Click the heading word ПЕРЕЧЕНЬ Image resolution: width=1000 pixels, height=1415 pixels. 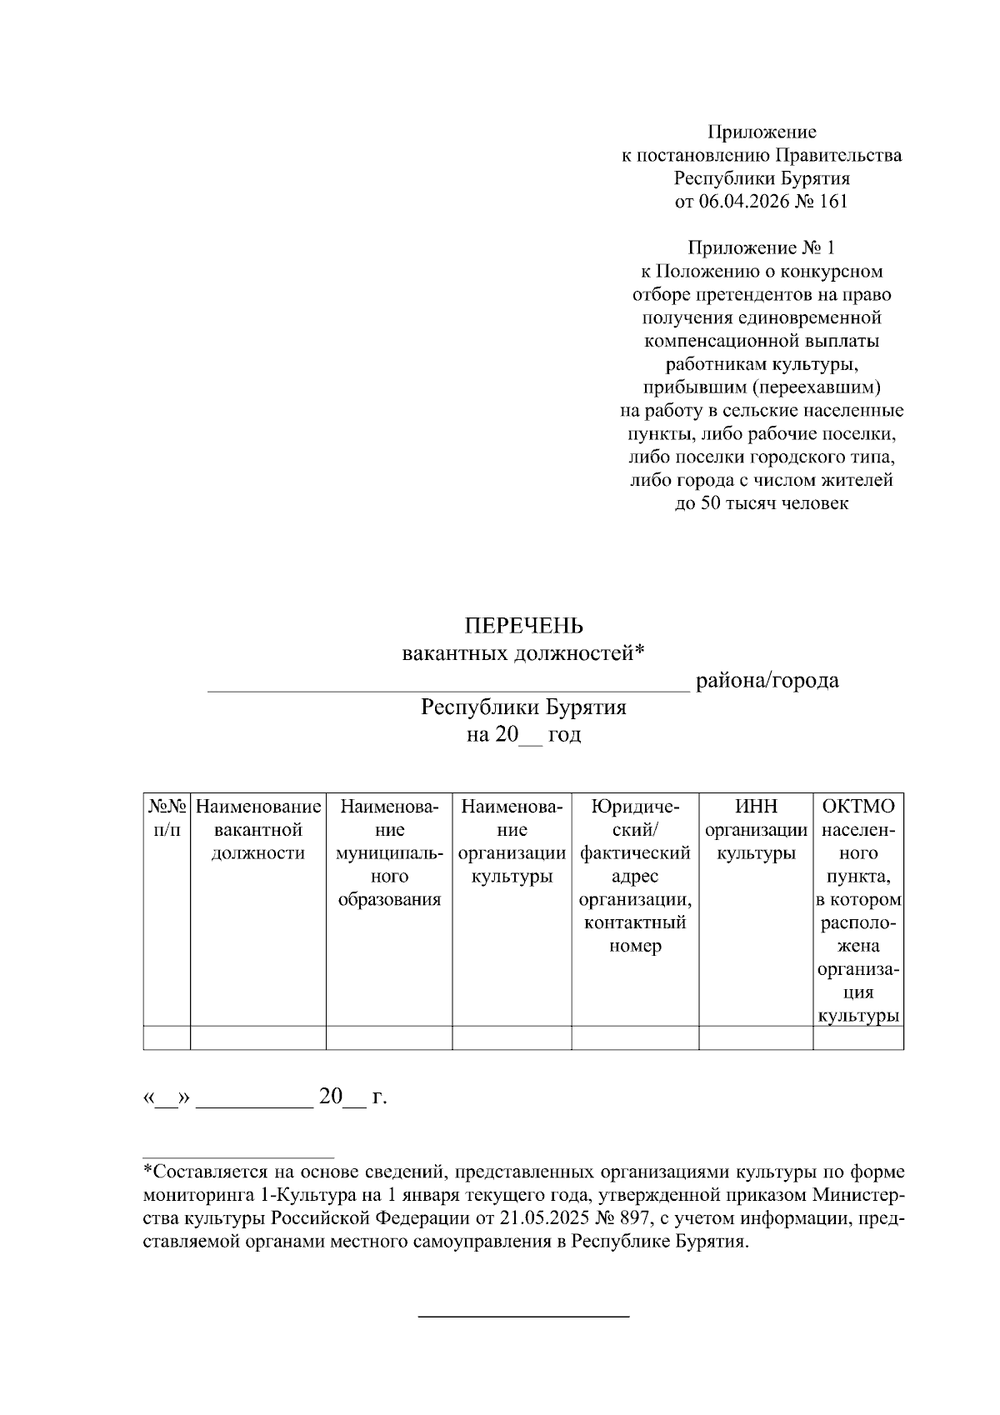coord(523,626)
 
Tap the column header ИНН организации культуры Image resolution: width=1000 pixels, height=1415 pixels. coord(755,830)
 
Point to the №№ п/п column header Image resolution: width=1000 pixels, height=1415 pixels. coord(167,817)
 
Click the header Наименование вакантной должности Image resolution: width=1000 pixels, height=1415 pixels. coord(257,830)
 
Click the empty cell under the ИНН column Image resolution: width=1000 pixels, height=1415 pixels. coord(755,1037)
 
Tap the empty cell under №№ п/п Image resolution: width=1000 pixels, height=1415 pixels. coord(167,1037)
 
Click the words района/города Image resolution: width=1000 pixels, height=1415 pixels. coord(767,681)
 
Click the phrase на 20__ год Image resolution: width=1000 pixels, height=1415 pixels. coord(523,734)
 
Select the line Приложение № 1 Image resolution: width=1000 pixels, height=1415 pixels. coord(761,247)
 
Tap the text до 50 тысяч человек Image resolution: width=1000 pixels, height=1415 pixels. coord(761,503)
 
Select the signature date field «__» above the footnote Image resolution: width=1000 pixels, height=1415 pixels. coord(167,1097)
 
